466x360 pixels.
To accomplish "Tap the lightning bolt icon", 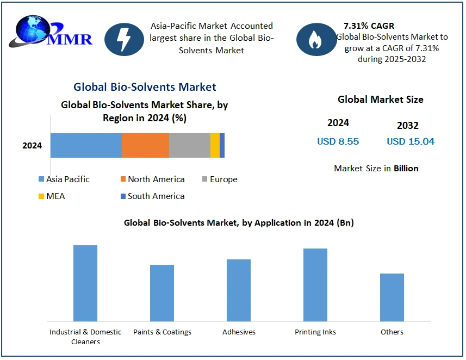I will tap(123, 39).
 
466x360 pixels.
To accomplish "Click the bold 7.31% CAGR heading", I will tap(369, 26).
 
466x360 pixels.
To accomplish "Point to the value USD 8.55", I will tap(338, 141).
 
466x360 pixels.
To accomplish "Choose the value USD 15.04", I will tap(411, 141).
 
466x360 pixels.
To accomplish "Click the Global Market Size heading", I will tap(380, 100).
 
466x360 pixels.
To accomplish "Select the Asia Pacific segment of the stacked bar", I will tap(86, 145).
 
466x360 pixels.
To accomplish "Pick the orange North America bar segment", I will tap(145, 145).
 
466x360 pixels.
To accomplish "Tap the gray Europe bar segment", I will tap(189, 145).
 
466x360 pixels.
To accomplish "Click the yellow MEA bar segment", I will tap(215, 145).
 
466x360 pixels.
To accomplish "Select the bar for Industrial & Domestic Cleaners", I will tap(85, 283).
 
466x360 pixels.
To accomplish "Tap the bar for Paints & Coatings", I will tap(162, 293).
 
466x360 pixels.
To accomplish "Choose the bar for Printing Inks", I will tap(315, 284).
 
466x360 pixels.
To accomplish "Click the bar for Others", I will tap(392, 297).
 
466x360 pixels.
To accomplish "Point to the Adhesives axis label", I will tap(239, 332).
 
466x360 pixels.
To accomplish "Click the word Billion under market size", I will tap(406, 169).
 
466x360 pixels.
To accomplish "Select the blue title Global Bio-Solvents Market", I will tap(145, 87).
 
